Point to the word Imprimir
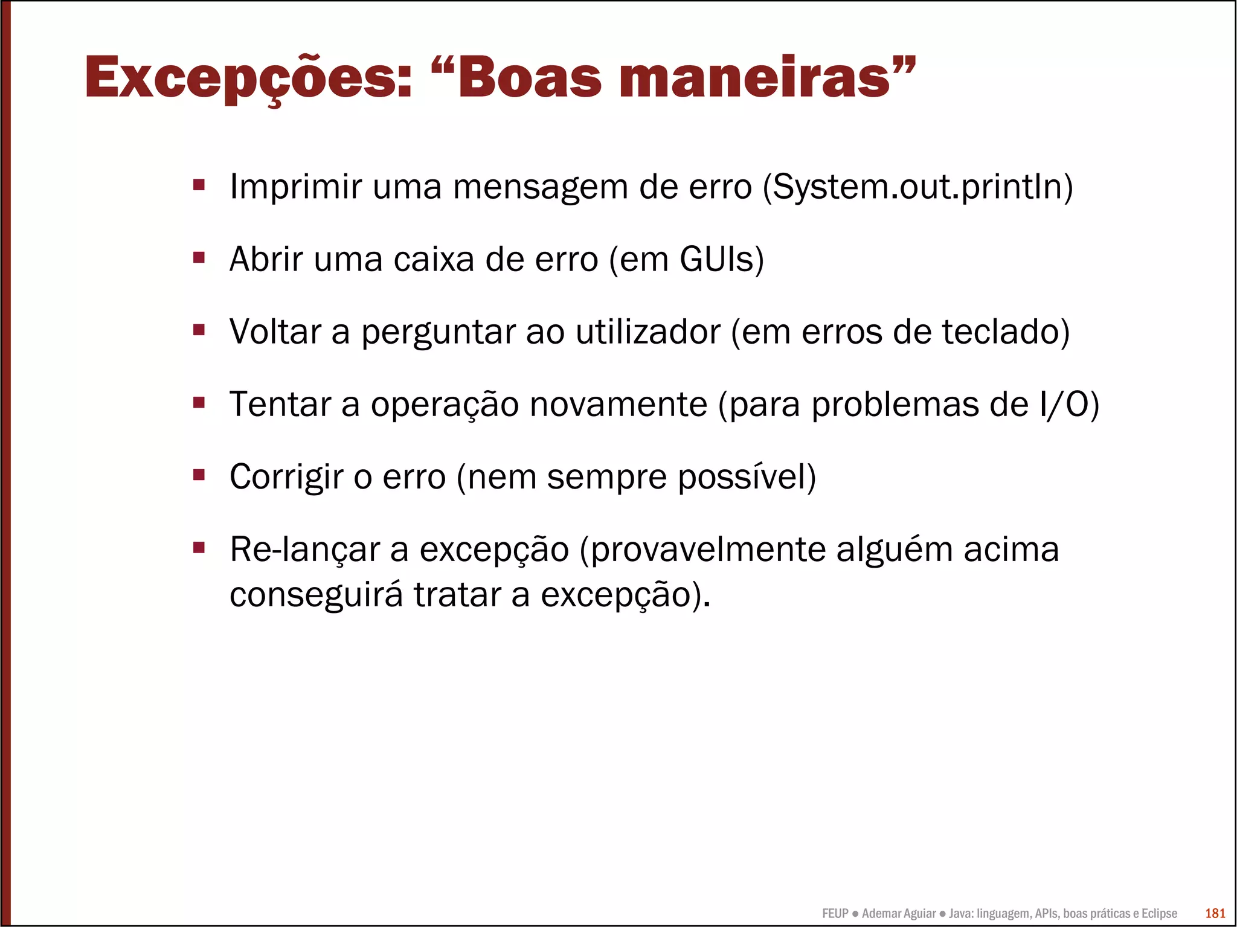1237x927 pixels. (x=295, y=187)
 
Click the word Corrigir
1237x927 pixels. (x=286, y=477)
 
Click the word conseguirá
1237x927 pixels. (x=316, y=595)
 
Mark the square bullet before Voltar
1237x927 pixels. (x=199, y=330)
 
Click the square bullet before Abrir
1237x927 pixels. (x=199, y=258)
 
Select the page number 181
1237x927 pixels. (x=1215, y=914)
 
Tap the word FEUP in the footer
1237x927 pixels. (x=835, y=914)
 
